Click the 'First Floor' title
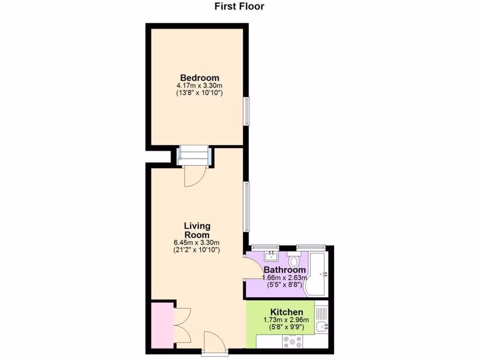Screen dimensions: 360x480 240,7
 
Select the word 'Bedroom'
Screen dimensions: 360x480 200,78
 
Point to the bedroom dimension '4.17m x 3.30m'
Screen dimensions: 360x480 199,86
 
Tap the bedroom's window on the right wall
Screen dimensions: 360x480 247,111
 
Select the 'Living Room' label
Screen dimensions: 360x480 197,230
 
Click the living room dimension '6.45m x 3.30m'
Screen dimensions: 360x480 197,243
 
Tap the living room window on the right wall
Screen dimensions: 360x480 247,206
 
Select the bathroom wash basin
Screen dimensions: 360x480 271,256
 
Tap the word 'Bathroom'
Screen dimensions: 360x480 285,270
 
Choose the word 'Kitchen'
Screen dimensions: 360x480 286,312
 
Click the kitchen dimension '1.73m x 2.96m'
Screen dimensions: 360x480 286,320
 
